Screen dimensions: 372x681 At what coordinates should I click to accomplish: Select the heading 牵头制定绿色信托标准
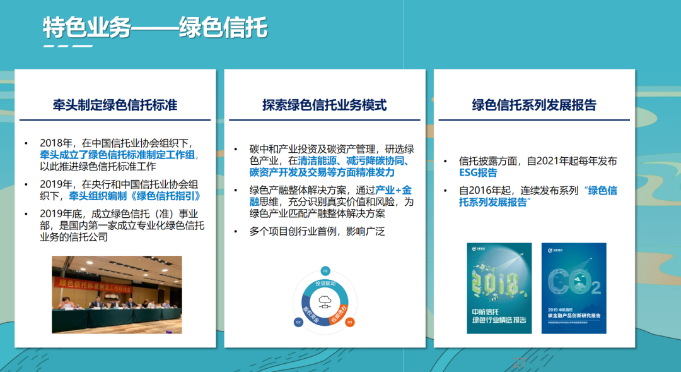tap(115, 105)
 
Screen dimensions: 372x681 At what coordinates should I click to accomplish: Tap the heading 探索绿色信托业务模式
tap(324, 105)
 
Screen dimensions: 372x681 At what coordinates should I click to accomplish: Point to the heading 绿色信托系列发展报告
tap(533, 105)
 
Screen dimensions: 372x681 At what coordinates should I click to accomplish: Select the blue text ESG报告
tap(478, 172)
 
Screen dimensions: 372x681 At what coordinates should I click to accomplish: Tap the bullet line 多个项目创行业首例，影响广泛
tap(317, 231)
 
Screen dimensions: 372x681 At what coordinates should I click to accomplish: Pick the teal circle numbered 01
tap(325, 270)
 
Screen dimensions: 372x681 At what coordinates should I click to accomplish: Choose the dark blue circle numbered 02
tap(298, 322)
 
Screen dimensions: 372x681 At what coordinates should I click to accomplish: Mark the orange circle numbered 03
tap(350, 322)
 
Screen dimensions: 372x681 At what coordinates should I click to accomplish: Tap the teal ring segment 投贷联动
tap(325, 282)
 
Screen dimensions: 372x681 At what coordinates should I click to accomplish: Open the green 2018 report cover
tap(497, 288)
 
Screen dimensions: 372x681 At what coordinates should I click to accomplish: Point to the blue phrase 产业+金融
tap(393, 189)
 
